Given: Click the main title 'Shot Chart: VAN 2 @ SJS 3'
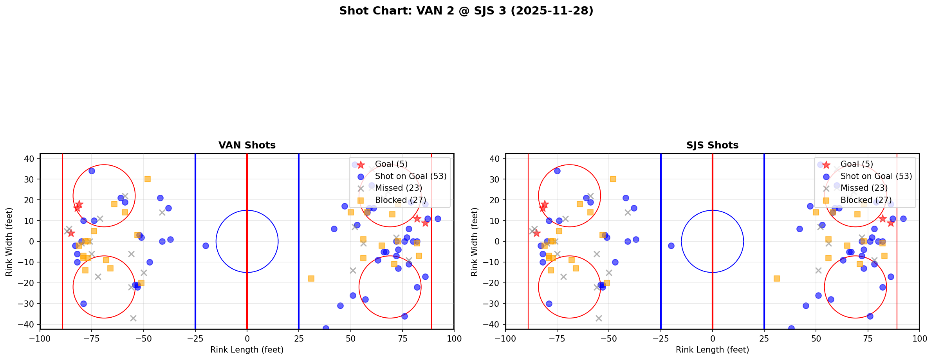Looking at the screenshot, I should pos(466,11).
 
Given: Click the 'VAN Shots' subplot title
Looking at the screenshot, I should pos(247,145).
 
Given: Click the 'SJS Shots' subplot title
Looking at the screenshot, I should pos(712,145).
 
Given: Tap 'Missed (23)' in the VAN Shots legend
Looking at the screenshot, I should pos(398,188).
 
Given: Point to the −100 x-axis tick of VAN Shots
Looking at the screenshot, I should pos(40,338).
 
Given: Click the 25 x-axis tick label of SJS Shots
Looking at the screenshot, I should pos(764,338).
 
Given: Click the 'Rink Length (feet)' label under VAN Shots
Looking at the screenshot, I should pos(247,350).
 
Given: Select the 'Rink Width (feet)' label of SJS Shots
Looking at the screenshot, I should pos(475,242).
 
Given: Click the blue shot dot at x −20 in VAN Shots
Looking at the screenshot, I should pos(206,246).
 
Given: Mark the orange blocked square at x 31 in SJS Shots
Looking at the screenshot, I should pos(776,279).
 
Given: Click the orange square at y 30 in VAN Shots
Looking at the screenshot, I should pos(147,179).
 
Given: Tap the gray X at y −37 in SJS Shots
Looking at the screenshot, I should pos(599,318).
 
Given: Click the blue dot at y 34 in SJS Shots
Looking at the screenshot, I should pos(557,171).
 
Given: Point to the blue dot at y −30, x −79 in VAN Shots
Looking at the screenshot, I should pos(83,304).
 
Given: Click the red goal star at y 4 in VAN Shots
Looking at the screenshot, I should pos(71,233).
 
